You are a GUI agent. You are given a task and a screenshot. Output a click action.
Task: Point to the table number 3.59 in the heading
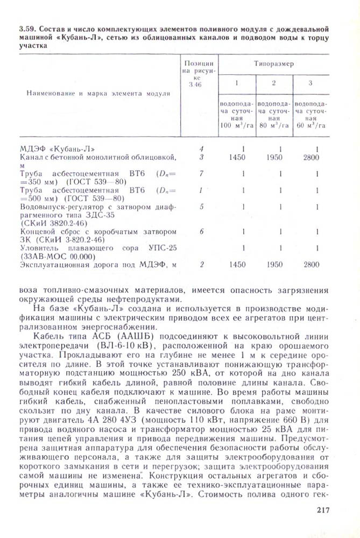pyautogui.click(x=26, y=27)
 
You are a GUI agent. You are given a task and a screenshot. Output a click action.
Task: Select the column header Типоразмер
pyautogui.click(x=274, y=63)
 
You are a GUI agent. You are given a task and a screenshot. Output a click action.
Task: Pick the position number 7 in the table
pyautogui.click(x=202, y=174)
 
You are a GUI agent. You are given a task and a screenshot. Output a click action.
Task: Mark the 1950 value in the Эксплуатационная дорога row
pyautogui.click(x=274, y=265)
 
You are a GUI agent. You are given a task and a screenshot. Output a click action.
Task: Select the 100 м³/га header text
pyautogui.click(x=237, y=125)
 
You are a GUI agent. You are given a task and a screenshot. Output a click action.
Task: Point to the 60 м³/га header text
pyautogui.click(x=310, y=125)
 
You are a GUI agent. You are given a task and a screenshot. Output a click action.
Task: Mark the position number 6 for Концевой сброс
pyautogui.click(x=202, y=231)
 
